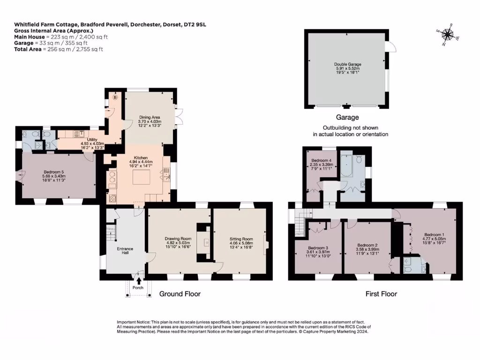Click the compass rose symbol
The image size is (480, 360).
448,34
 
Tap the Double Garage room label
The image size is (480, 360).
347,64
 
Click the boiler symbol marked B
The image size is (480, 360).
114,99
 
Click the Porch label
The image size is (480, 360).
137,287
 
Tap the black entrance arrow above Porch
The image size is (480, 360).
138,280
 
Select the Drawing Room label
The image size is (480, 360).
178,239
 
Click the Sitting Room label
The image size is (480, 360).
241,239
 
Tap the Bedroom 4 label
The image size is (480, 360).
321,161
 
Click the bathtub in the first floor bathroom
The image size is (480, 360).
347,165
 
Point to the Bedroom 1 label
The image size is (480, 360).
434,234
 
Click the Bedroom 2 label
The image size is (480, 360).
367,245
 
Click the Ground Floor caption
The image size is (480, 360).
180,294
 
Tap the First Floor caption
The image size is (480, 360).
381,294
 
